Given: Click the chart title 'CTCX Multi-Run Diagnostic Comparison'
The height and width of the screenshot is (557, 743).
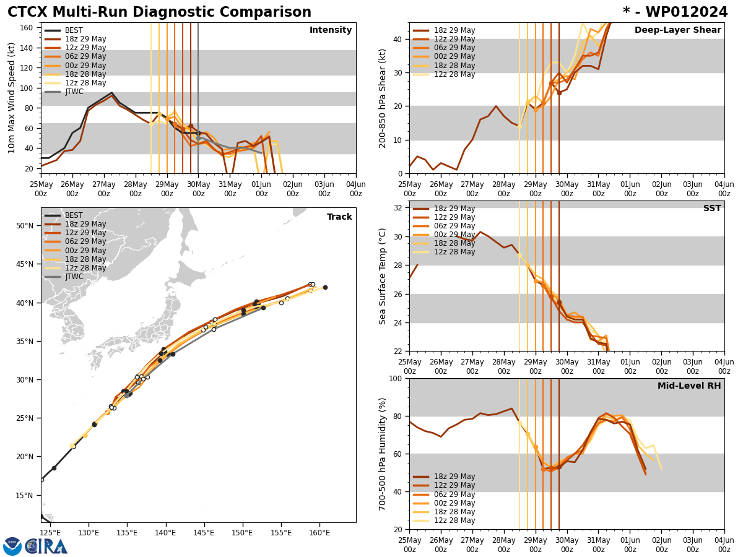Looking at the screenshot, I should pos(159,12).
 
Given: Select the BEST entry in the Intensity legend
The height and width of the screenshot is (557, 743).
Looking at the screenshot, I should pos(74,30).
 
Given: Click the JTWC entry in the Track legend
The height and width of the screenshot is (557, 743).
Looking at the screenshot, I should pos(74,277).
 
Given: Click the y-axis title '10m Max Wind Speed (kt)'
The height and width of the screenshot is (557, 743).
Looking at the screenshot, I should pos(11,98).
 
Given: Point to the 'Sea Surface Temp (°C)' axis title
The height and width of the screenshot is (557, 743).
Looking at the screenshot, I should pos(383,276).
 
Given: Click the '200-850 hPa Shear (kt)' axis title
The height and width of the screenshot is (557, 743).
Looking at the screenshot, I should pos(383,98).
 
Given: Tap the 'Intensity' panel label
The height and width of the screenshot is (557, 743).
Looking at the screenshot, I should pos(331,30).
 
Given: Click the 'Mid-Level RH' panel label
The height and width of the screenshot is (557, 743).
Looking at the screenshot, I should pos(689,386).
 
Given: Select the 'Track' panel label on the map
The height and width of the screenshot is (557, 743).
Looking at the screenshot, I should pos(339,217).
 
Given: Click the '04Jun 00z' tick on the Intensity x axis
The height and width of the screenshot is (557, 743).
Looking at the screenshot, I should pos(355,189).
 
